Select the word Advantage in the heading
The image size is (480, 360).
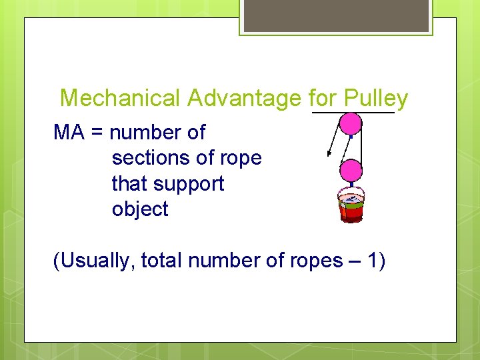pyautogui.click(x=245, y=99)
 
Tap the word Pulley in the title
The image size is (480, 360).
pyautogui.click(x=375, y=99)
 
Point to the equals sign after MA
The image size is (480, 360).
pyautogui.click(x=97, y=133)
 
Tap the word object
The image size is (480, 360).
pyautogui.click(x=140, y=209)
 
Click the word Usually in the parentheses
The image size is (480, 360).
pyautogui.click(x=98, y=261)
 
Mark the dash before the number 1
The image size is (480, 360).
pyautogui.click(x=353, y=261)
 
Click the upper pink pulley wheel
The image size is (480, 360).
pyautogui.click(x=351, y=124)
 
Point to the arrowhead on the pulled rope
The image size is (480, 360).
pyautogui.click(x=329, y=154)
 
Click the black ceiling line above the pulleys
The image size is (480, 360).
pyautogui.click(x=353, y=112)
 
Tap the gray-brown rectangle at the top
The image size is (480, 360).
pyautogui.click(x=336, y=15)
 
